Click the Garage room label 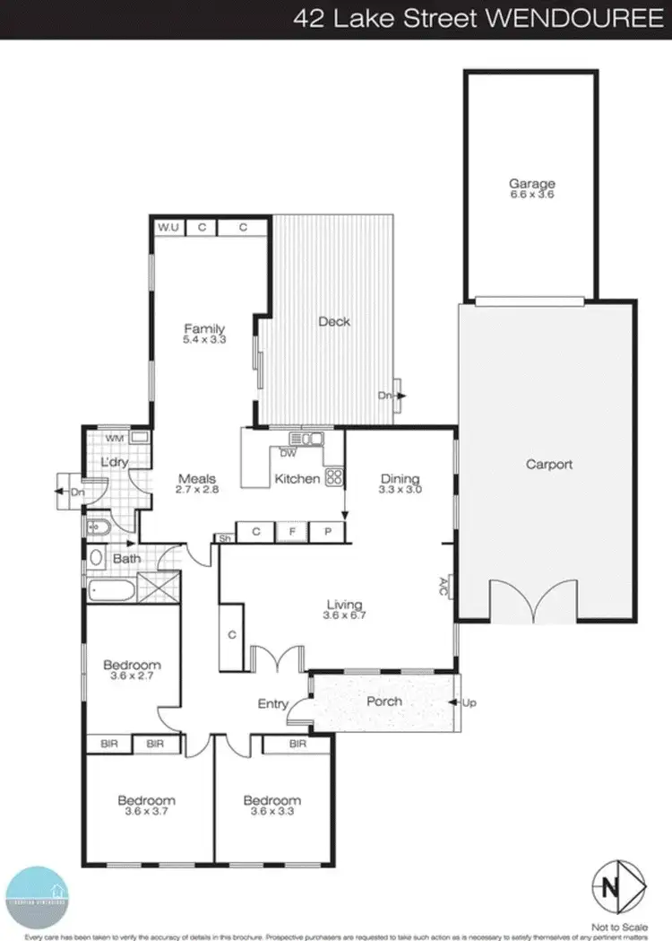coord(531,184)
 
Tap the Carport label coord(548,465)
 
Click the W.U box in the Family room coord(168,228)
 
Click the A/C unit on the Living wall coord(444,588)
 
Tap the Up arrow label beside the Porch coord(468,701)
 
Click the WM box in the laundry coord(114,438)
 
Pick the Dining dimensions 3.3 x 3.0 coord(401,491)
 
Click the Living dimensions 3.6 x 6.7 coord(346,615)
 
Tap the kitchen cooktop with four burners coord(334,477)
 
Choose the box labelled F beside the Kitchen coord(291,532)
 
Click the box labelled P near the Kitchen coord(327,532)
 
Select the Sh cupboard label coord(223,538)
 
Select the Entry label coord(272,704)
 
